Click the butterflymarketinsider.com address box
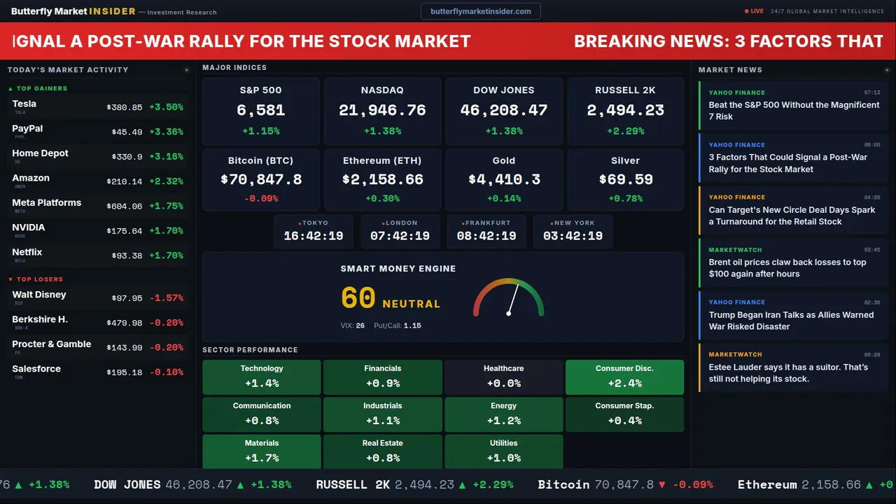pyautogui.click(x=480, y=11)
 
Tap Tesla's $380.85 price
pyautogui.click(x=125, y=108)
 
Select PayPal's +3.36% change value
pyautogui.click(x=166, y=132)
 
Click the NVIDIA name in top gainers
pyautogui.click(x=29, y=227)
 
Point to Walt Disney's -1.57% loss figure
pyautogui.click(x=166, y=298)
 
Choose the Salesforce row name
pyautogui.click(x=36, y=369)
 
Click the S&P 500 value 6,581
pyautogui.click(x=260, y=110)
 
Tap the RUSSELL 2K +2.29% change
pyautogui.click(x=625, y=131)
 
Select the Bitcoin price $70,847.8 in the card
pyautogui.click(x=261, y=179)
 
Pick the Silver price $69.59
pyautogui.click(x=625, y=179)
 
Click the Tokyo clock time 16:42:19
pyautogui.click(x=314, y=236)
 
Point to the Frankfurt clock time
pyautogui.click(x=486, y=236)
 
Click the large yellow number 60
pyautogui.click(x=358, y=298)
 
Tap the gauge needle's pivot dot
pyautogui.click(x=508, y=313)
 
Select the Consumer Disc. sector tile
pyautogui.click(x=624, y=377)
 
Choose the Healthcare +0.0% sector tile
pyautogui.click(x=503, y=377)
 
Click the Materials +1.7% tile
pyautogui.click(x=262, y=451)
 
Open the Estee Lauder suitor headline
pyautogui.click(x=788, y=373)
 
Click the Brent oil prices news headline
pyautogui.click(x=787, y=268)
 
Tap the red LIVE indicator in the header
pyautogui.click(x=755, y=11)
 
